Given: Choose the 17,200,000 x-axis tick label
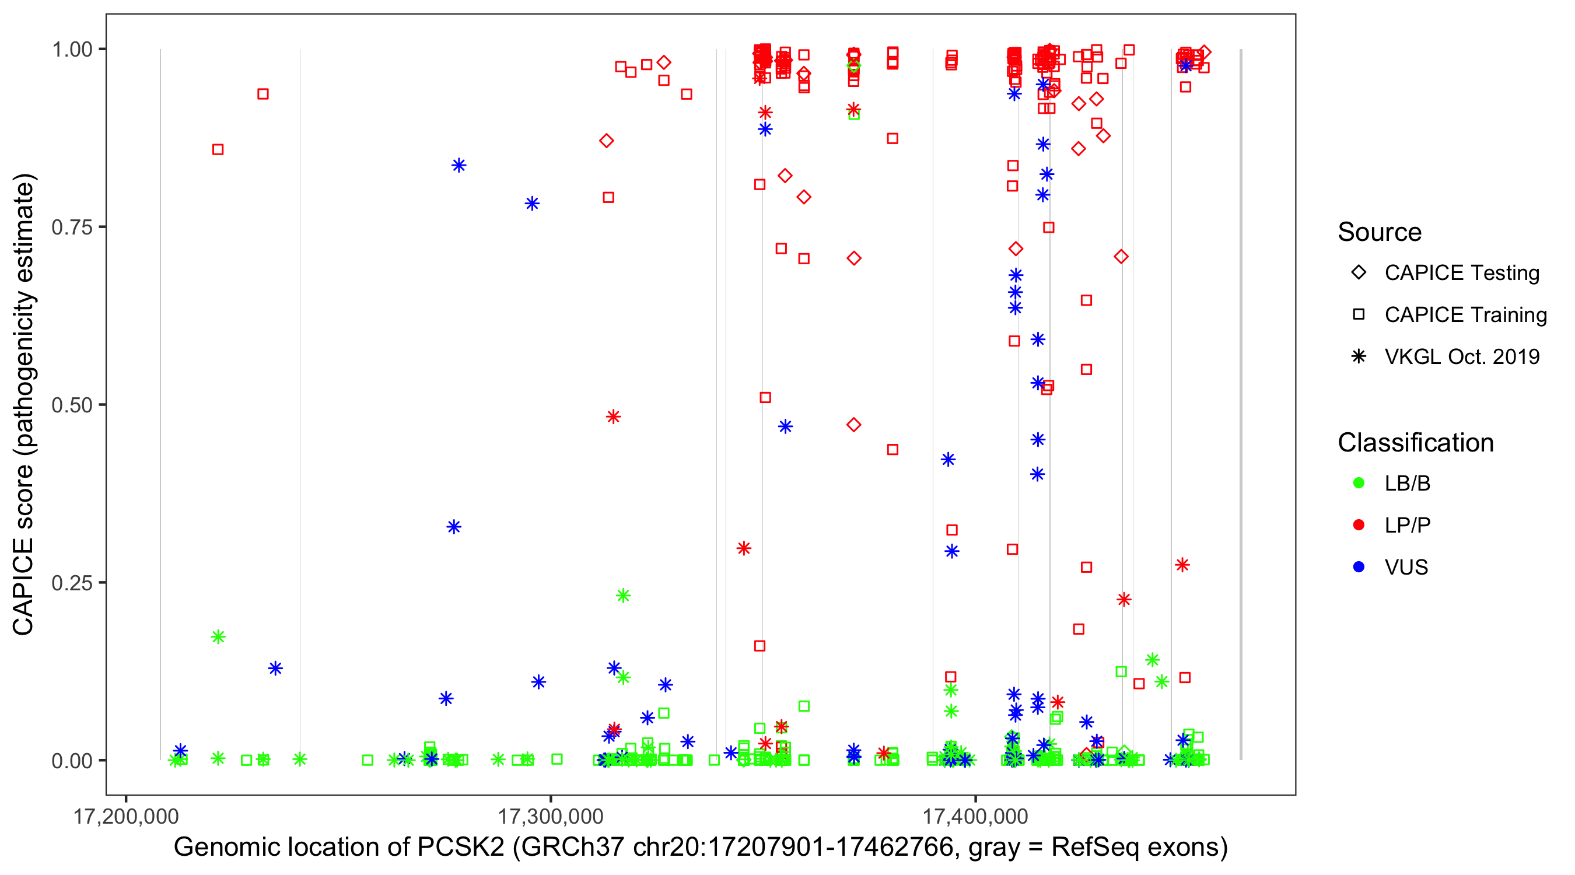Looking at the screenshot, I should pyautogui.click(x=126, y=815).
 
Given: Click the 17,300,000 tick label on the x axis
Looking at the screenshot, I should pyautogui.click(x=550, y=815).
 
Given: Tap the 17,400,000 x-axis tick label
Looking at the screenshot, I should pyautogui.click(x=975, y=815).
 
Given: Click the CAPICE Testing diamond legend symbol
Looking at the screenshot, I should pyautogui.click(x=1359, y=273).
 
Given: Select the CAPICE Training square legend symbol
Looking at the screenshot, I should pyautogui.click(x=1359, y=315).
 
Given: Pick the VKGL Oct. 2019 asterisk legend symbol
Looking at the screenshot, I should pyautogui.click(x=1359, y=356).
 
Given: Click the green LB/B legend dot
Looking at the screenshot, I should pyautogui.click(x=1359, y=483).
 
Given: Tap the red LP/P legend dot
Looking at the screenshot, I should pyautogui.click(x=1359, y=525).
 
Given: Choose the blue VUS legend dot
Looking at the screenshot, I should pyautogui.click(x=1359, y=567).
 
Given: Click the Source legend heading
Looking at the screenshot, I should pyautogui.click(x=1380, y=232).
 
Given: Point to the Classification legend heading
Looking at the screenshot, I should pyautogui.click(x=1415, y=443).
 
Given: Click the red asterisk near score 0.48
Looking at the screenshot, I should pyautogui.click(x=613, y=417).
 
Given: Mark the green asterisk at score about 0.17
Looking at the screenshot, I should pyautogui.click(x=218, y=637).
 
